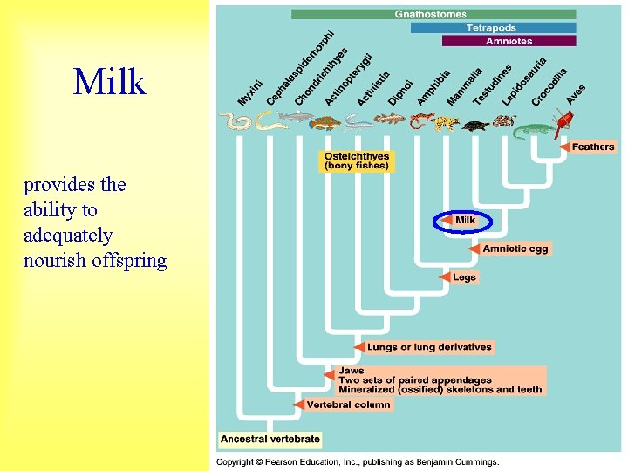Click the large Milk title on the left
click(110, 82)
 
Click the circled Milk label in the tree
click(465, 221)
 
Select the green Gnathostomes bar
click(433, 15)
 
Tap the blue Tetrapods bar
click(493, 28)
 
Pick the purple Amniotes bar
click(509, 41)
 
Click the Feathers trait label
click(592, 147)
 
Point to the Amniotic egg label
click(515, 249)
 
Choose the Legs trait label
click(464, 277)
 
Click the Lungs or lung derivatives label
click(428, 347)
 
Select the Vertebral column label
click(349, 405)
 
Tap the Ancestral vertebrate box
click(270, 439)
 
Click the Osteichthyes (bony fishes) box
click(357, 161)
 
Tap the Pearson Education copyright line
click(358, 461)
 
